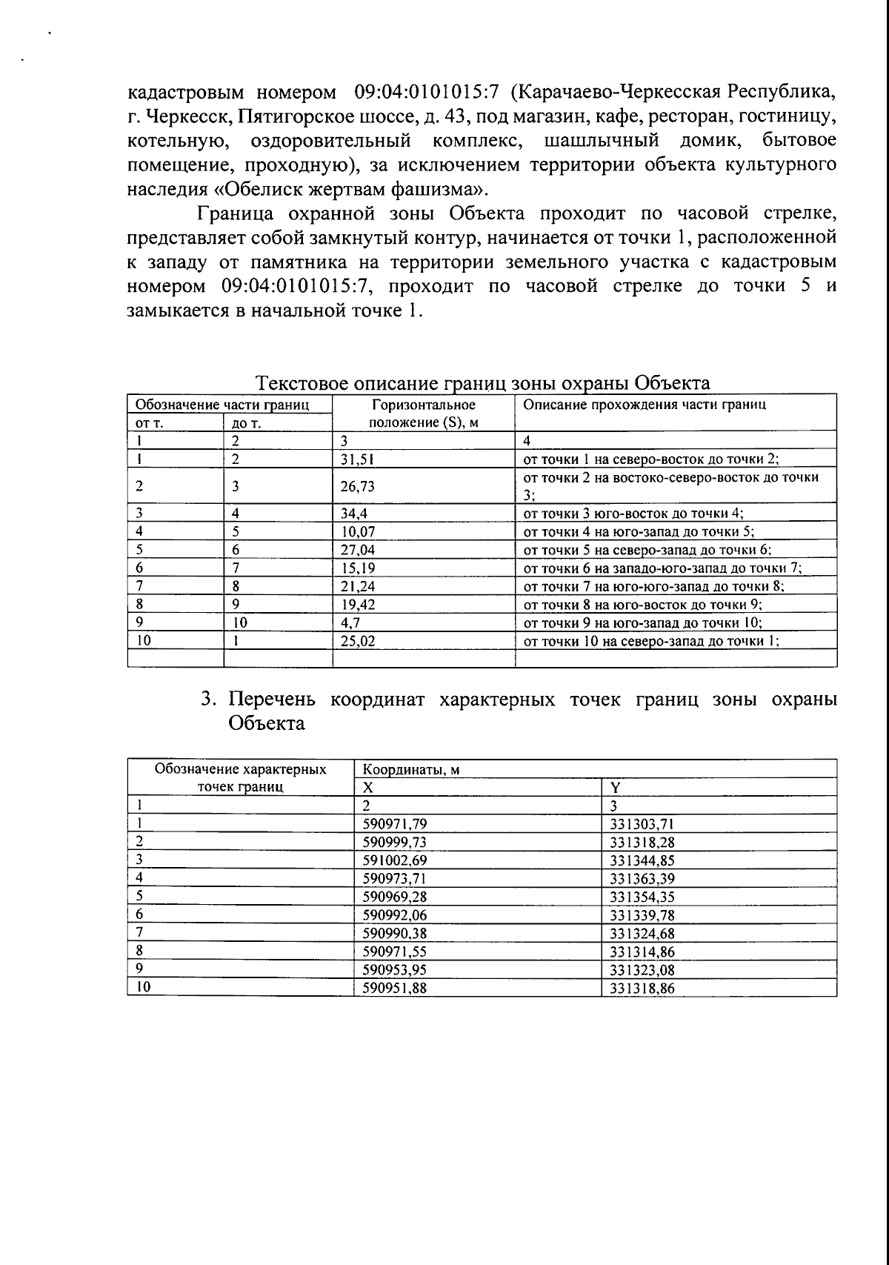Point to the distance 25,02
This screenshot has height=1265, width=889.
click(x=357, y=642)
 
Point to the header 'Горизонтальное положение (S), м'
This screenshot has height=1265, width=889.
click(x=423, y=414)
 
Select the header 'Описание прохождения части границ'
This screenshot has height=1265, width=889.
click(x=645, y=405)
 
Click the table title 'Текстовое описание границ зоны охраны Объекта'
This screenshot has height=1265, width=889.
click(x=482, y=383)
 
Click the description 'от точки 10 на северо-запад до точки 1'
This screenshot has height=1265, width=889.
click(x=651, y=642)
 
